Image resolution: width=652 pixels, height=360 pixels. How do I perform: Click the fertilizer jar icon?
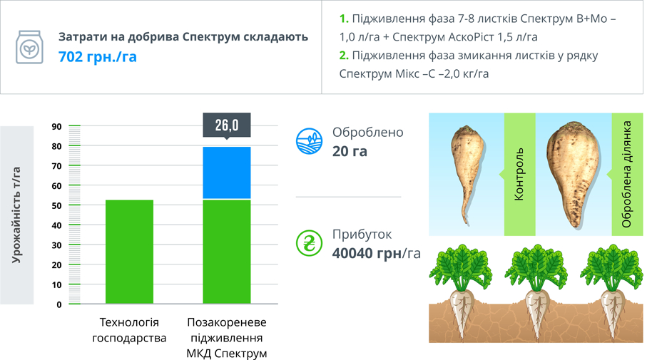(29, 47)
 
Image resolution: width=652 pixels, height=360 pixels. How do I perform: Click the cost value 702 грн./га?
(97, 56)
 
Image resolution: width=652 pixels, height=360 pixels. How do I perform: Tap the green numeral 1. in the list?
(344, 19)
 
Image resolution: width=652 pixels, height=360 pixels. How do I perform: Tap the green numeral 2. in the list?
(344, 56)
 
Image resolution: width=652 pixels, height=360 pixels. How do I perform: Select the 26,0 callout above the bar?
(227, 125)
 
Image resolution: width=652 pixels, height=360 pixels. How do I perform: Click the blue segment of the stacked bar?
(227, 173)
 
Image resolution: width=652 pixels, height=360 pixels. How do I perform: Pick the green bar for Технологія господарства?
(129, 252)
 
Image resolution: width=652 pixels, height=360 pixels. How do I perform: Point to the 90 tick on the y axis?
(56, 126)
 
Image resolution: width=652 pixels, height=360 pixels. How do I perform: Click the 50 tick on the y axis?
(56, 205)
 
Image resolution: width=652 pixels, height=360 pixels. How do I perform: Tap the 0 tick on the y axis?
(59, 304)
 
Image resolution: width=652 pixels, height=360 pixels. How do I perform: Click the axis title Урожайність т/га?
(16, 215)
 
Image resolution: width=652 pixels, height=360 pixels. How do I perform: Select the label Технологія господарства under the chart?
(129, 330)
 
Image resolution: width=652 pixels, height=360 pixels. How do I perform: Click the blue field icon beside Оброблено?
(309, 142)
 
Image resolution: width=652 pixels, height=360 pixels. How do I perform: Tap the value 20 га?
(350, 151)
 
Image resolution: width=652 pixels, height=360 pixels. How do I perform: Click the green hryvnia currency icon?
(309, 243)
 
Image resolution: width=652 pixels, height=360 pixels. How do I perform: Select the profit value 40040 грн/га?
(377, 253)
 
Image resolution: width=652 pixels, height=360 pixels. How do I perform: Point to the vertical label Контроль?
(519, 175)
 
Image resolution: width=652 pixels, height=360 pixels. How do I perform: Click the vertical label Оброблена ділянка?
(626, 174)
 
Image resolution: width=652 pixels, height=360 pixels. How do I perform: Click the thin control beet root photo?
(467, 175)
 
